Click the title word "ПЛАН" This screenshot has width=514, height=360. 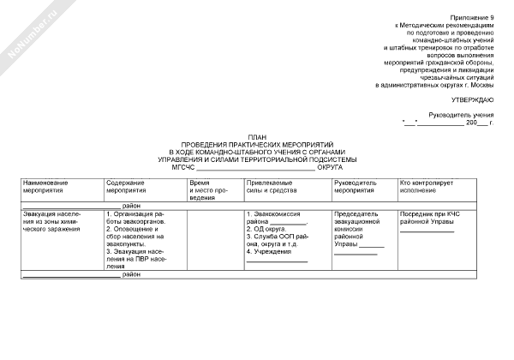click(257, 137)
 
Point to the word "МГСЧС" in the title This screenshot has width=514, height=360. click(184, 167)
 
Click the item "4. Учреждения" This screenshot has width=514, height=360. click(270, 252)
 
